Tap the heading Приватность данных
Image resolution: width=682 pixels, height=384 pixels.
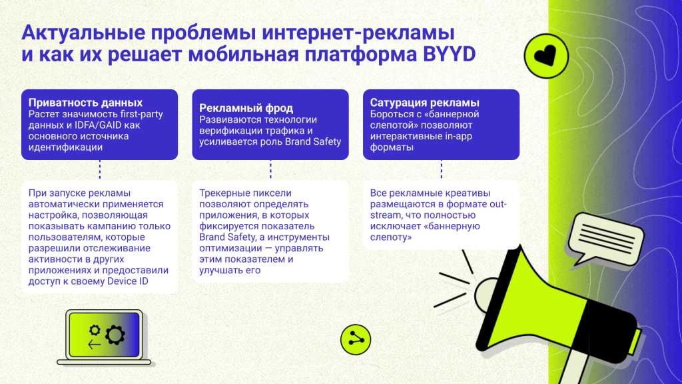85,103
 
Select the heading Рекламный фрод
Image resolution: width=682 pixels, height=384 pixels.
246,108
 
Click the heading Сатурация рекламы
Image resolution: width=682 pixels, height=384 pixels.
425,103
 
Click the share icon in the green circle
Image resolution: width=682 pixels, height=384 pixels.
354,340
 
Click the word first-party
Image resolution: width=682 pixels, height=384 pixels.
140,114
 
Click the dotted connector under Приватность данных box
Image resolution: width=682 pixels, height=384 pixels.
99,170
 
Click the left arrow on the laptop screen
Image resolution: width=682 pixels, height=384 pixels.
94,345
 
